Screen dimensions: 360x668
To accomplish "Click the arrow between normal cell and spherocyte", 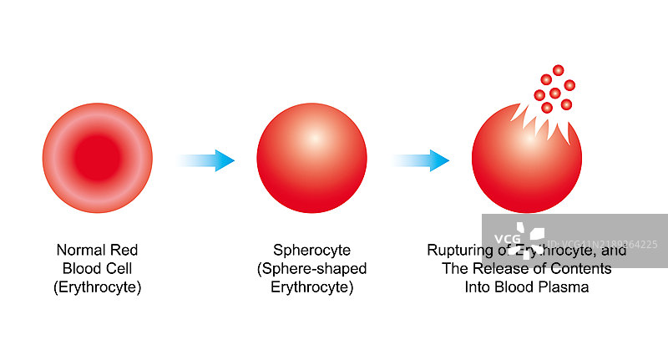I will pos(206,160).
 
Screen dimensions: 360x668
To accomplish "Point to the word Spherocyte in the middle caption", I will pos(311,249).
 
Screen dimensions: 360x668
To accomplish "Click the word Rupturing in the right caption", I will pos(456,249).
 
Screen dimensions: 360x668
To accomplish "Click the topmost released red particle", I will pos(558,70).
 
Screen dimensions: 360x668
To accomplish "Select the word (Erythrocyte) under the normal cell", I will pos(97,287).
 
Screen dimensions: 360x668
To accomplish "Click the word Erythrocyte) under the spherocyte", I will pos(311,287).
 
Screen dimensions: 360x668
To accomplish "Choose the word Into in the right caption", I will pos(478,287).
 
